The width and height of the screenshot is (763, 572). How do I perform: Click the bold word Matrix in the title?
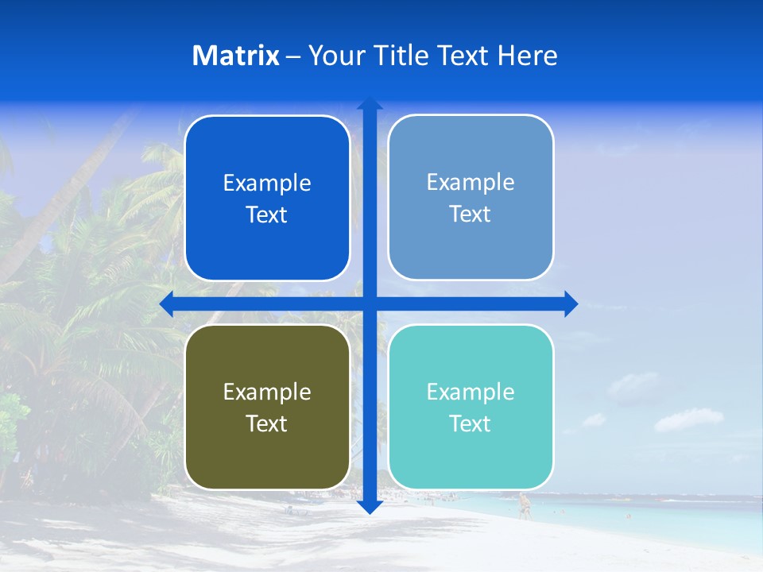[236, 56]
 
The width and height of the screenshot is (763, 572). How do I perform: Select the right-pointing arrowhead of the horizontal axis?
[570, 303]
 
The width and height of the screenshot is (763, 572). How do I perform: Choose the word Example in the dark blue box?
[267, 184]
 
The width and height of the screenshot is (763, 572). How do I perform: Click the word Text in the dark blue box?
[267, 215]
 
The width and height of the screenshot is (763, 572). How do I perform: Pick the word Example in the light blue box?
[471, 183]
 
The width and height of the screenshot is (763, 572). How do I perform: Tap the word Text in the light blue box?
[471, 214]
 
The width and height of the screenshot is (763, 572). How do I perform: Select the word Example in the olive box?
[267, 392]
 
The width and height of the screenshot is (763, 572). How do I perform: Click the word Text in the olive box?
[267, 424]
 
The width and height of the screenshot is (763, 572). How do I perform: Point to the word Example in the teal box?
[471, 392]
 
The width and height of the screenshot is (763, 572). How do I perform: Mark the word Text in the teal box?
[471, 424]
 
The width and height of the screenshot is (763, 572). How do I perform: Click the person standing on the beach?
[524, 505]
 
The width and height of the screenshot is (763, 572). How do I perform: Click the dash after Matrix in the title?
[293, 56]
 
